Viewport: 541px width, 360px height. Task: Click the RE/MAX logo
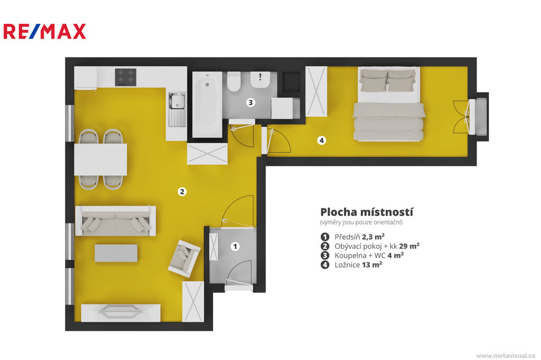click(x=44, y=31)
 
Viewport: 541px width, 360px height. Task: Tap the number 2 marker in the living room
click(x=182, y=192)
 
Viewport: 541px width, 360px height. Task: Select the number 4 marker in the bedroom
click(x=322, y=140)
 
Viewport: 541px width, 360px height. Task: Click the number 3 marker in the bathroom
click(x=251, y=102)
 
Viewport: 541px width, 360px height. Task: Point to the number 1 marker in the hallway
click(x=235, y=246)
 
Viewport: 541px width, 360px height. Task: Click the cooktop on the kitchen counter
click(x=126, y=77)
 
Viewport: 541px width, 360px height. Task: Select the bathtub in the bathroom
click(x=207, y=105)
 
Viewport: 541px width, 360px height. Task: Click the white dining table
click(x=100, y=159)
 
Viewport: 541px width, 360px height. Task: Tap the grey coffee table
click(x=116, y=253)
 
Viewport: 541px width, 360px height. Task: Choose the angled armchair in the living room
click(x=184, y=259)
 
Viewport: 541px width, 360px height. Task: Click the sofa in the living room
click(x=116, y=221)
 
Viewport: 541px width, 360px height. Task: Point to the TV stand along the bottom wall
click(x=121, y=313)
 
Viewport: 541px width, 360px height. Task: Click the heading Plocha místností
click(x=367, y=212)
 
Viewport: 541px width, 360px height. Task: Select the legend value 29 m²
click(x=409, y=246)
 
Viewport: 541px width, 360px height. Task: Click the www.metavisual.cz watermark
click(x=506, y=355)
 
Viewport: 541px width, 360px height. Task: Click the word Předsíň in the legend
click(x=347, y=236)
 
